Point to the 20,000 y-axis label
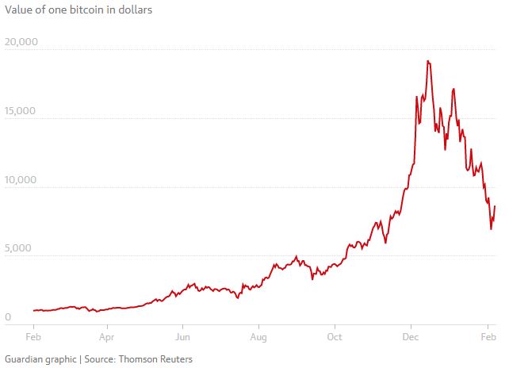tap(21, 41)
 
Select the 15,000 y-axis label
tap(21, 110)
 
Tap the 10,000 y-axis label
tap(21, 179)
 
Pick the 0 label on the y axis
tap(8, 317)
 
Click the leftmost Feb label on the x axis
tap(34, 337)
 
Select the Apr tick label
tap(108, 337)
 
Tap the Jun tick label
tap(182, 337)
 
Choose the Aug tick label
tap(258, 337)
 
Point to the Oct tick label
tap(335, 337)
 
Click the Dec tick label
tap(411, 337)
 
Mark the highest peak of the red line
tap(428, 61)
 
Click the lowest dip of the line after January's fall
tap(491, 229)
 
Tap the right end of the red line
tap(495, 207)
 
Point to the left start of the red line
tap(33, 311)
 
